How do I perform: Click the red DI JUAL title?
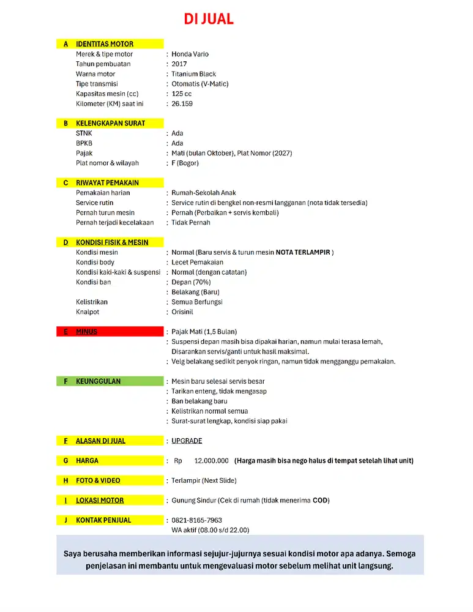(x=209, y=19)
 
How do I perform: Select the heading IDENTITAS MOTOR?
(x=104, y=44)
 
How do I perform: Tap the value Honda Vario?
(x=190, y=54)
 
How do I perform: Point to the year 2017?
(x=179, y=64)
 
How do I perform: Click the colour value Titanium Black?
(x=193, y=74)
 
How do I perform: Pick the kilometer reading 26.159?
(x=182, y=103)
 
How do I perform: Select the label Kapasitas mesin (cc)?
(x=107, y=94)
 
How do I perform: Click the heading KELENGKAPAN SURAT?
(x=110, y=123)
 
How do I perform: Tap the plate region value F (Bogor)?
(x=185, y=163)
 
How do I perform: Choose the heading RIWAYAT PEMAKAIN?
(x=107, y=182)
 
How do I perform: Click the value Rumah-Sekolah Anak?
(x=203, y=193)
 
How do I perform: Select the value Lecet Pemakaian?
(x=197, y=262)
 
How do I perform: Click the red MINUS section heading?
(x=86, y=332)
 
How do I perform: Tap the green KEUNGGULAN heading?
(x=98, y=381)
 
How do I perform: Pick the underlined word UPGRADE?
(x=187, y=441)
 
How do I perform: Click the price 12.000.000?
(x=211, y=461)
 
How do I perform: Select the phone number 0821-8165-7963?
(x=196, y=520)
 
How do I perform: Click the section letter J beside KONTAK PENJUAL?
(x=65, y=520)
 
